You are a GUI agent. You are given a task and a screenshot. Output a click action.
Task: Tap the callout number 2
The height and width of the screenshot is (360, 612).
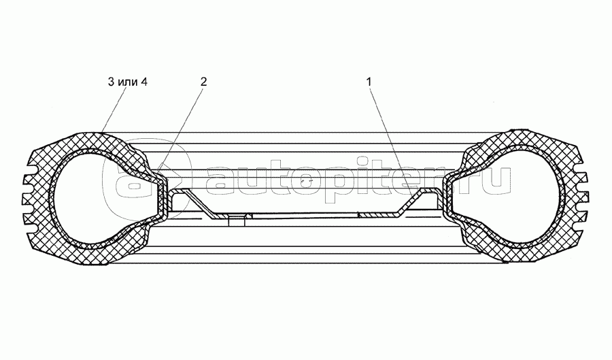[203, 82]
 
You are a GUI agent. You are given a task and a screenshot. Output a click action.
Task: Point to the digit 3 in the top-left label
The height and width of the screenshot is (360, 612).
[110, 82]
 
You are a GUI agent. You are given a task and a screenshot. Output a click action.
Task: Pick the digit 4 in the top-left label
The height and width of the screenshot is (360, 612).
[143, 82]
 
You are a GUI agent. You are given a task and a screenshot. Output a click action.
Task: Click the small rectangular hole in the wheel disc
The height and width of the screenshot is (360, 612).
[238, 219]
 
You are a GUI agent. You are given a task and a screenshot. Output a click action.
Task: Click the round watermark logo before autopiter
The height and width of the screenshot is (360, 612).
[126, 180]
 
